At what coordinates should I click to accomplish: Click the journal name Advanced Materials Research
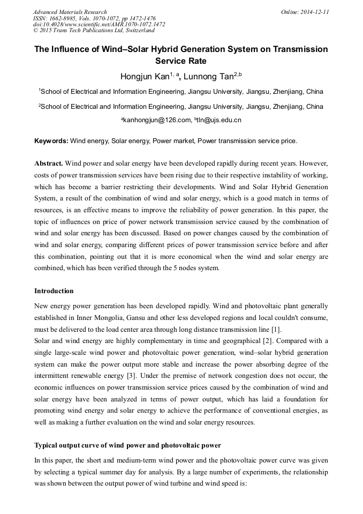(70, 11)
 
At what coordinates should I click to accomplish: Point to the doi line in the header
(99, 24)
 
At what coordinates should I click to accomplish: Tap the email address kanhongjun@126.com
(157, 120)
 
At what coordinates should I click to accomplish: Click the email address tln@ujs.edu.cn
(219, 120)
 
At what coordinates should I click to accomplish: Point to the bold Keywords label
(51, 141)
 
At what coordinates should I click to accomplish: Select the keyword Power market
(175, 141)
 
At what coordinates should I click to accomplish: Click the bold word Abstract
(49, 162)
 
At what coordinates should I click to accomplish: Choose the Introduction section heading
(54, 291)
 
